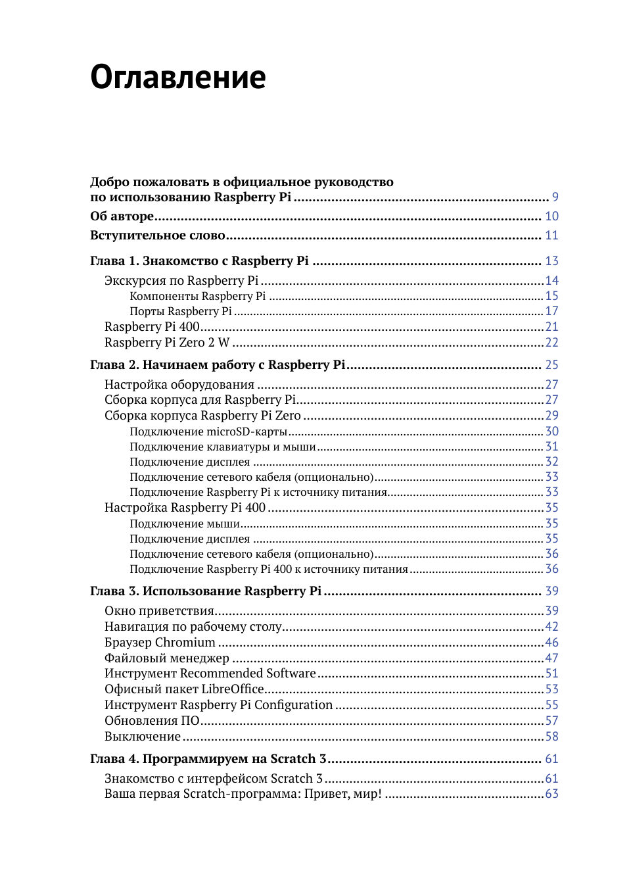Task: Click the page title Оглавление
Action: coord(177,77)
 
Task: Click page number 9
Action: coord(555,197)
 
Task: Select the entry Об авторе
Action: coord(122,216)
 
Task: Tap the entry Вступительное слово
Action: coord(158,235)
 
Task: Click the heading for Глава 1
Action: coord(199,261)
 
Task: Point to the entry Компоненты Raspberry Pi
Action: coord(197,296)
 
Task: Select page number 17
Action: coord(551,311)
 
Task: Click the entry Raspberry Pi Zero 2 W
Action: coord(167,343)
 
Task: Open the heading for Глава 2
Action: coord(218,365)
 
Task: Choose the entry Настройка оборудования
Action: coord(179,385)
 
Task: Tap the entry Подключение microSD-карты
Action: coord(208,431)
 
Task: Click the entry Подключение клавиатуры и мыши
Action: coord(222,447)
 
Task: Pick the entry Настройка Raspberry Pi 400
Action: coord(185,508)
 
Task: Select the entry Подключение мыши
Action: coord(185,524)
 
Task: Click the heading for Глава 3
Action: coord(206,591)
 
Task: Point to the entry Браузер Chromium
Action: coord(160,643)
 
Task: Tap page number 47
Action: coord(551,658)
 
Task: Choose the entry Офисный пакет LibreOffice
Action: coord(184,689)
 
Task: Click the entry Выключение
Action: coord(142,737)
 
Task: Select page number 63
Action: coord(551,794)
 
